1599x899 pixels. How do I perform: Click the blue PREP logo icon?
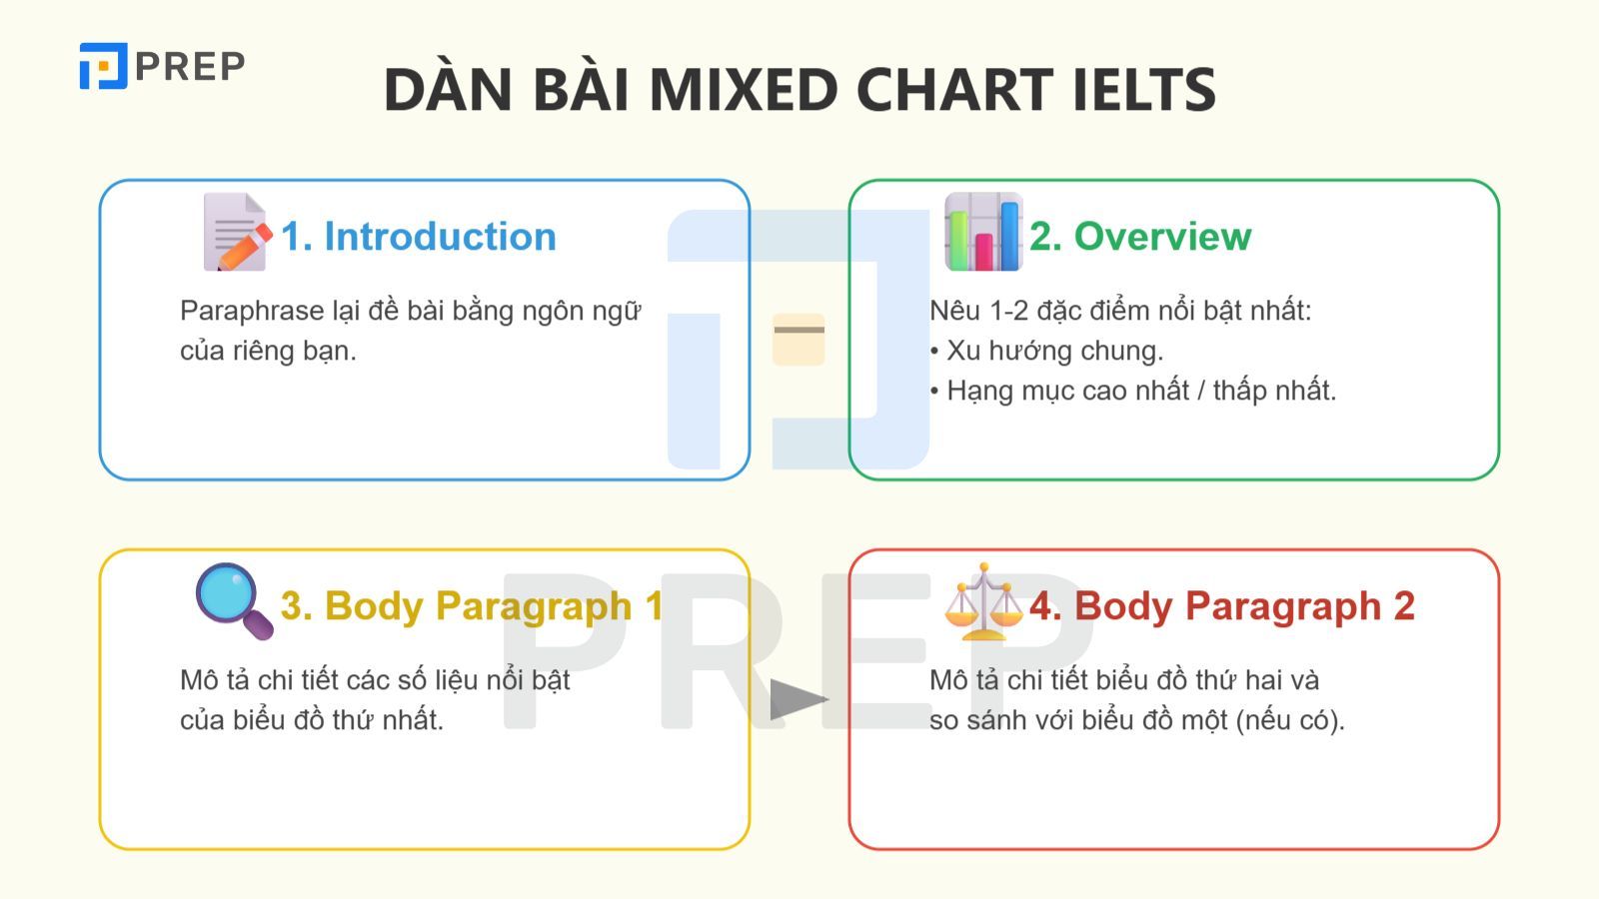point(103,66)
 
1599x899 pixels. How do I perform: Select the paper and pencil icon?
point(237,232)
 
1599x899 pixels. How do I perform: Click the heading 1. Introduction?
point(419,237)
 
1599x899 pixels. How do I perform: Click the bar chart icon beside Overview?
point(983,232)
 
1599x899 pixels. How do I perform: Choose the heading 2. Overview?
point(1140,237)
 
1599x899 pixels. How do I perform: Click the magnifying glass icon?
point(234,601)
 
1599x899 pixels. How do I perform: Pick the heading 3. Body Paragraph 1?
point(472,606)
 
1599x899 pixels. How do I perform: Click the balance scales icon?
point(983,601)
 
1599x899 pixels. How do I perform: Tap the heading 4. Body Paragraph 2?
point(1222,606)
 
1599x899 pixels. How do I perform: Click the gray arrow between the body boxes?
point(799,699)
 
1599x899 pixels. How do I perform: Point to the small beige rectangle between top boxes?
point(799,339)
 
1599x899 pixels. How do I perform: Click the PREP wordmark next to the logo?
point(190,67)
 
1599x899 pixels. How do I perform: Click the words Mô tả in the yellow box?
point(214,680)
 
